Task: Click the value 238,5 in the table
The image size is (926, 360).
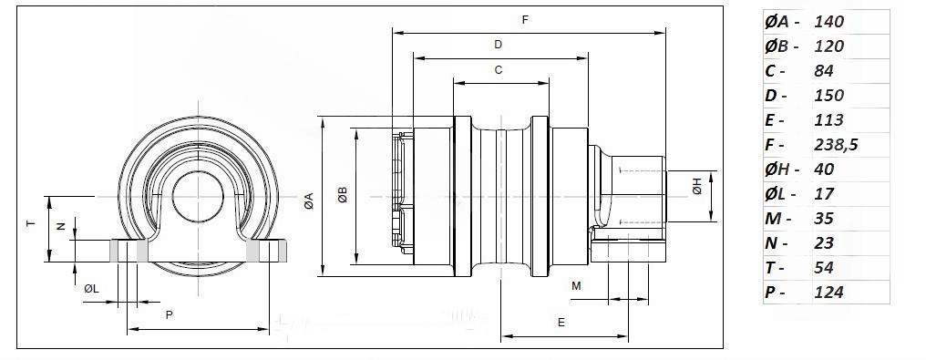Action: (836, 145)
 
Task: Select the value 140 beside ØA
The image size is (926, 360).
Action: (829, 22)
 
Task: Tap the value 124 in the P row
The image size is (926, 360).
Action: (828, 293)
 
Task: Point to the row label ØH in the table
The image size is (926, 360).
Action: (777, 170)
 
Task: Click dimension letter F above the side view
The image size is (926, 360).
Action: (525, 19)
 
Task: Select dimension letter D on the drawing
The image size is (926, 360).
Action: (498, 45)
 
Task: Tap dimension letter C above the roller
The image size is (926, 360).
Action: (499, 69)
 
